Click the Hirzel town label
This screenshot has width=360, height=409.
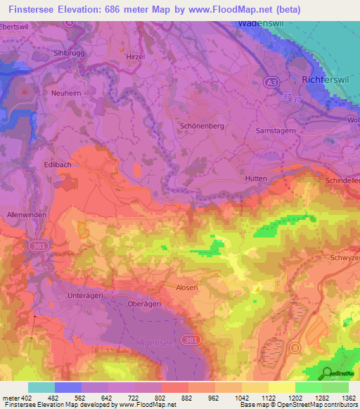point(136,56)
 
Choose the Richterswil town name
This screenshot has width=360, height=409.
point(326,80)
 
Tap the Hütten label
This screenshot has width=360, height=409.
point(256,178)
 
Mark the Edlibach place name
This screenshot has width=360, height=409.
point(56,164)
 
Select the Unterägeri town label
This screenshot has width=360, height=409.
point(86,296)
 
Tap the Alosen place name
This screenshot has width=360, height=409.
point(186,287)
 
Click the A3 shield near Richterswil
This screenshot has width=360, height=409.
point(270,83)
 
